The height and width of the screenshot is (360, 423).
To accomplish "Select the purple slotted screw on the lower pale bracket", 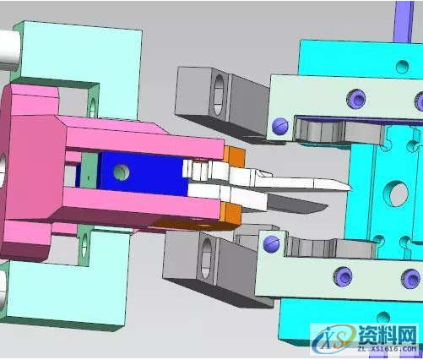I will [272, 243].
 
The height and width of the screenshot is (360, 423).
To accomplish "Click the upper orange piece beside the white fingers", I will [235, 157].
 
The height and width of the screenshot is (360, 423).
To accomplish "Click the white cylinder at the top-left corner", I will [8, 46].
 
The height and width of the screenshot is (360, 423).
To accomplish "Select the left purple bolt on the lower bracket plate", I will [341, 276].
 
